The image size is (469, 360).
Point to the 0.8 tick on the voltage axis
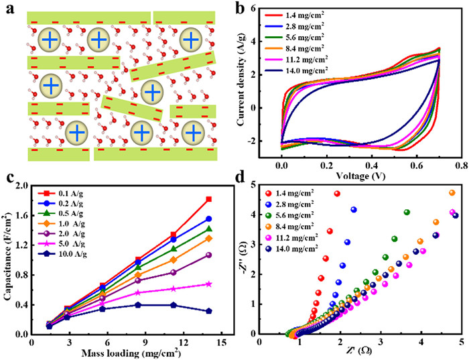pyautogui.click(x=459, y=163)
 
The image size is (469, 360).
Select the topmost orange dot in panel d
pyautogui.click(x=452, y=193)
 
